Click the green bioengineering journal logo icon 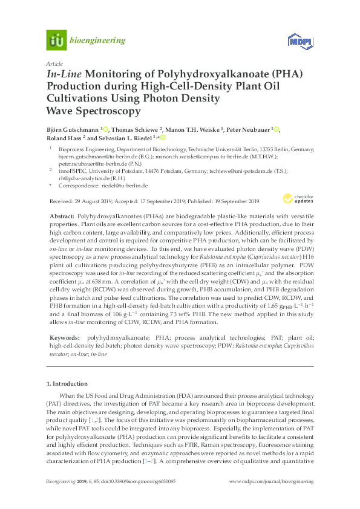56,41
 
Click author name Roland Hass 64,138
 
